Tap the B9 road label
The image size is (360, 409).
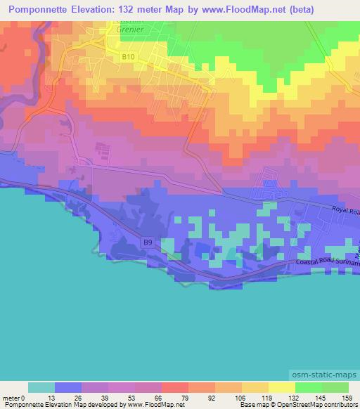(x=148, y=242)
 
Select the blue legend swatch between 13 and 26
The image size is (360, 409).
(x=68, y=387)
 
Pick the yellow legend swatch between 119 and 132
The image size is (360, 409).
(x=281, y=387)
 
